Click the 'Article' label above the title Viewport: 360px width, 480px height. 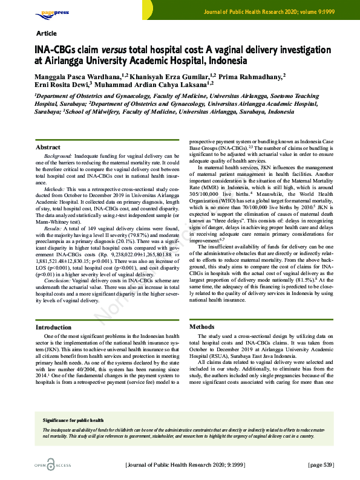click(47, 33)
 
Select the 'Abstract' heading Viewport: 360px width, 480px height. click(48, 147)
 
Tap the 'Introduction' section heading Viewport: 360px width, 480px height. click(54, 327)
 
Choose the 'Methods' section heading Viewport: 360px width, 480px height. click(202, 327)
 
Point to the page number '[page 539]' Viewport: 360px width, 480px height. click(321, 465)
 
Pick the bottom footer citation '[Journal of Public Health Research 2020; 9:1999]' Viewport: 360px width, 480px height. click(185, 465)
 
